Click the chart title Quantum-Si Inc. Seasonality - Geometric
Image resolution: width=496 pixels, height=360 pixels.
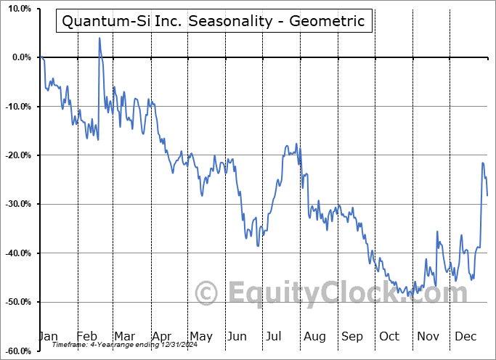pyautogui.click(x=214, y=21)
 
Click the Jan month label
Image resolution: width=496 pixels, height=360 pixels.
pyautogui.click(x=48, y=336)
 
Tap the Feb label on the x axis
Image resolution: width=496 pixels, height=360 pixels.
pyautogui.click(x=86, y=336)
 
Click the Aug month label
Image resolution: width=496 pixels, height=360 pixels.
pyautogui.click(x=314, y=336)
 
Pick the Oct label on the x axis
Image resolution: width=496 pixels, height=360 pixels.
pyautogui.click(x=390, y=336)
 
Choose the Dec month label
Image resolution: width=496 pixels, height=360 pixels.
pyautogui.click(x=466, y=336)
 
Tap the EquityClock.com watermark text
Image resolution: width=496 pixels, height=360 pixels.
pyautogui.click(x=333, y=293)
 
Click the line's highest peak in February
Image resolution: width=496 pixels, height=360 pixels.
pyautogui.click(x=99, y=38)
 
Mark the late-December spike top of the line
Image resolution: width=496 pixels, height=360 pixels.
pyautogui.click(x=483, y=163)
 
